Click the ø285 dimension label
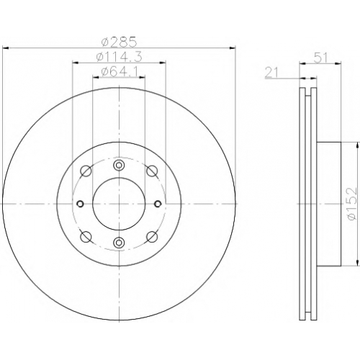[x=120, y=42]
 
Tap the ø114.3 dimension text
[x=120, y=57]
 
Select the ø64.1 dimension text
[x=120, y=72]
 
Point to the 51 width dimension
[x=320, y=58]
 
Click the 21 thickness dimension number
[x=271, y=73]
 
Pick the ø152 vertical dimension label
[x=352, y=204]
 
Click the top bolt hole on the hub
[x=119, y=165]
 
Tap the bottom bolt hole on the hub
[x=119, y=243]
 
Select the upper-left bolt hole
[x=86, y=171]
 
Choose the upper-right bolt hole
[x=152, y=171]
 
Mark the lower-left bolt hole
[x=86, y=237]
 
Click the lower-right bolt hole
[x=152, y=237]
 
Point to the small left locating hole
[x=80, y=204]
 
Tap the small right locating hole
[x=158, y=204]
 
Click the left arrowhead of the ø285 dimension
[x=5, y=48]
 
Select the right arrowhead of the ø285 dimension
[x=233, y=48]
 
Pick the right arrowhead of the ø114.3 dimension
[x=163, y=63]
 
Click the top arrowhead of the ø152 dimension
[x=358, y=145]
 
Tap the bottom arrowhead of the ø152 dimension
[x=358, y=263]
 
